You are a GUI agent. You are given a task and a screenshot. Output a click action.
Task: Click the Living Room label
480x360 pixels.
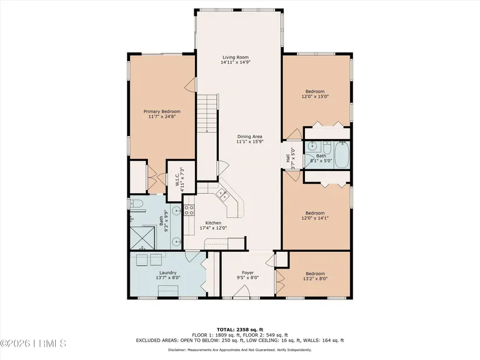[x=236, y=57]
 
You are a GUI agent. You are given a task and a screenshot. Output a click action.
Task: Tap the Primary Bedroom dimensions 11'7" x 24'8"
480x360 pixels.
[x=162, y=116]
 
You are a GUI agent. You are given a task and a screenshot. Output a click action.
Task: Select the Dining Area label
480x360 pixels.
[x=250, y=137]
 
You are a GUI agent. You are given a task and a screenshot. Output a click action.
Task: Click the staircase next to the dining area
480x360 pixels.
[x=207, y=113]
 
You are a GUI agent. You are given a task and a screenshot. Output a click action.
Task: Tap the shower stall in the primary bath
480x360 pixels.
[x=143, y=237]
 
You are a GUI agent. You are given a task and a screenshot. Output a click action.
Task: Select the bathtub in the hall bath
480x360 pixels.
[x=342, y=155]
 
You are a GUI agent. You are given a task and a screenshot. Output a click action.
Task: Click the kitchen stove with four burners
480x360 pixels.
[x=189, y=210]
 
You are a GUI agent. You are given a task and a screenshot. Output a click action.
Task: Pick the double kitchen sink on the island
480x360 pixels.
[x=222, y=195]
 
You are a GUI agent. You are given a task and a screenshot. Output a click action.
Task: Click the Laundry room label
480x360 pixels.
[x=168, y=273]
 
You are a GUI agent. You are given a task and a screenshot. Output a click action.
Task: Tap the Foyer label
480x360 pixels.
[x=248, y=273]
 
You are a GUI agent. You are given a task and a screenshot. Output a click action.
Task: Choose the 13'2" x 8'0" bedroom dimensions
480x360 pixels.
[x=315, y=279]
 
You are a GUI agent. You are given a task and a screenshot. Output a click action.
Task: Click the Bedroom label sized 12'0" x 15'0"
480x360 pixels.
[x=315, y=91]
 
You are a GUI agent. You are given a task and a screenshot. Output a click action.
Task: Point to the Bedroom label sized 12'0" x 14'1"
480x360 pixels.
[x=315, y=213]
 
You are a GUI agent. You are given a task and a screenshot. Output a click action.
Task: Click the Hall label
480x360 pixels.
[x=288, y=158]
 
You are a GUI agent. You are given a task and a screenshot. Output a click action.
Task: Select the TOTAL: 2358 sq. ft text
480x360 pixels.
[x=240, y=330]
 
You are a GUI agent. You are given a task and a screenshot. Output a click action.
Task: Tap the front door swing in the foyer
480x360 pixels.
[x=242, y=291]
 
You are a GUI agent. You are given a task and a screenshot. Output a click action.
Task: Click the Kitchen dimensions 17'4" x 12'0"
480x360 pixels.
[x=214, y=228]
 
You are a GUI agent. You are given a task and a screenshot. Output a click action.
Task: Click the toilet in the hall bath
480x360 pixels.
[x=326, y=148]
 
